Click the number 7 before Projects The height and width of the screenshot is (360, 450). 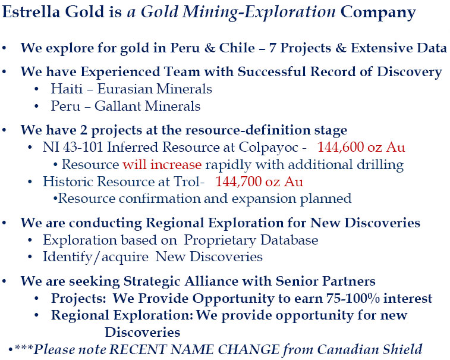(272, 48)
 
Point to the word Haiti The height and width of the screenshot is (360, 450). (67, 89)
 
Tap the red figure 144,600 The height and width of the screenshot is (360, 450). (341, 147)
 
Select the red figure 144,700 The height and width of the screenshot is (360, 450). (238, 181)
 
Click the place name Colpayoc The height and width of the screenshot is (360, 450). (269, 148)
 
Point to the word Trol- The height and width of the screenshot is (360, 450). (189, 181)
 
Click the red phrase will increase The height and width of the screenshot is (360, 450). (162, 164)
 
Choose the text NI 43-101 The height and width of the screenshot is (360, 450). (73, 147)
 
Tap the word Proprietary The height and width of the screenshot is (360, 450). (220, 241)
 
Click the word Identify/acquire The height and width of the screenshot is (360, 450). (96, 257)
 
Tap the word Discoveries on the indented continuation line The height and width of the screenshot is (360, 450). (142, 333)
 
